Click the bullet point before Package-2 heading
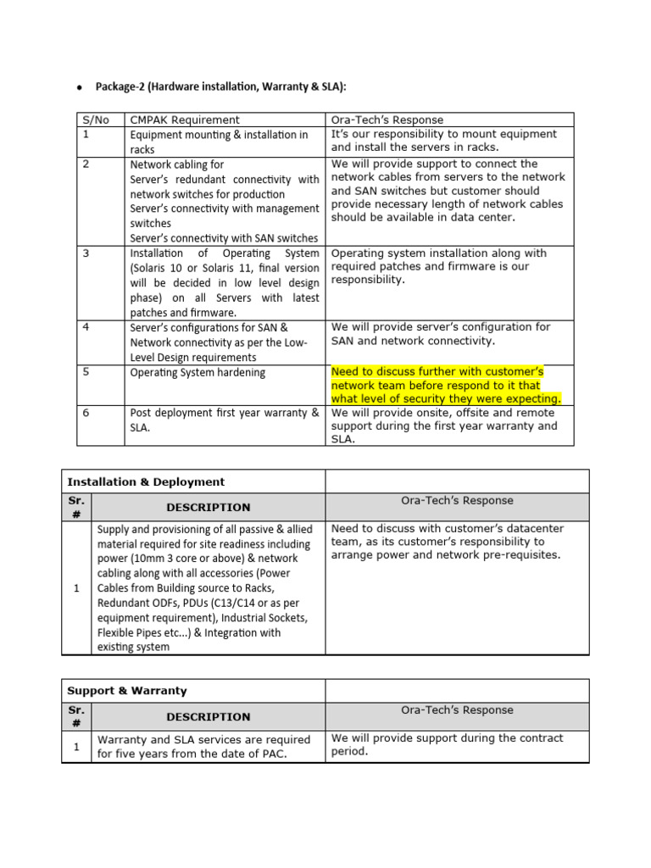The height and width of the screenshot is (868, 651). coord(79,87)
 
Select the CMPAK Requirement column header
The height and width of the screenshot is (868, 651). coord(184,120)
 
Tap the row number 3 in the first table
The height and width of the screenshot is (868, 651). coord(86,253)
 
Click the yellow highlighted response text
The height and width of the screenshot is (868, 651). coord(445,385)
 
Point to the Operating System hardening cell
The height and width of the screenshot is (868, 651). coord(197,372)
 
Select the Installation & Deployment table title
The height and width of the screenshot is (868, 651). coord(146,481)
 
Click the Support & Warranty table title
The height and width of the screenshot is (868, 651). coord(127,691)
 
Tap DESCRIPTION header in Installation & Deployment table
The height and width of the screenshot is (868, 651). coord(208,508)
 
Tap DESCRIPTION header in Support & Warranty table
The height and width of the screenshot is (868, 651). coord(208,717)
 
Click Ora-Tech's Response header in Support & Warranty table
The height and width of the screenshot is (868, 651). coord(457,710)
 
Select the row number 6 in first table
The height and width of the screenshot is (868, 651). coord(86,413)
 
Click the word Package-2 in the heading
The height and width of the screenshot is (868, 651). coord(120,87)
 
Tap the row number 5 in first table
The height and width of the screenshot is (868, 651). coord(86,372)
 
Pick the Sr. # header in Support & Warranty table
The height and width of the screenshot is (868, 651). coord(76,716)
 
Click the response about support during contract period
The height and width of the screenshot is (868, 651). coord(447,745)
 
